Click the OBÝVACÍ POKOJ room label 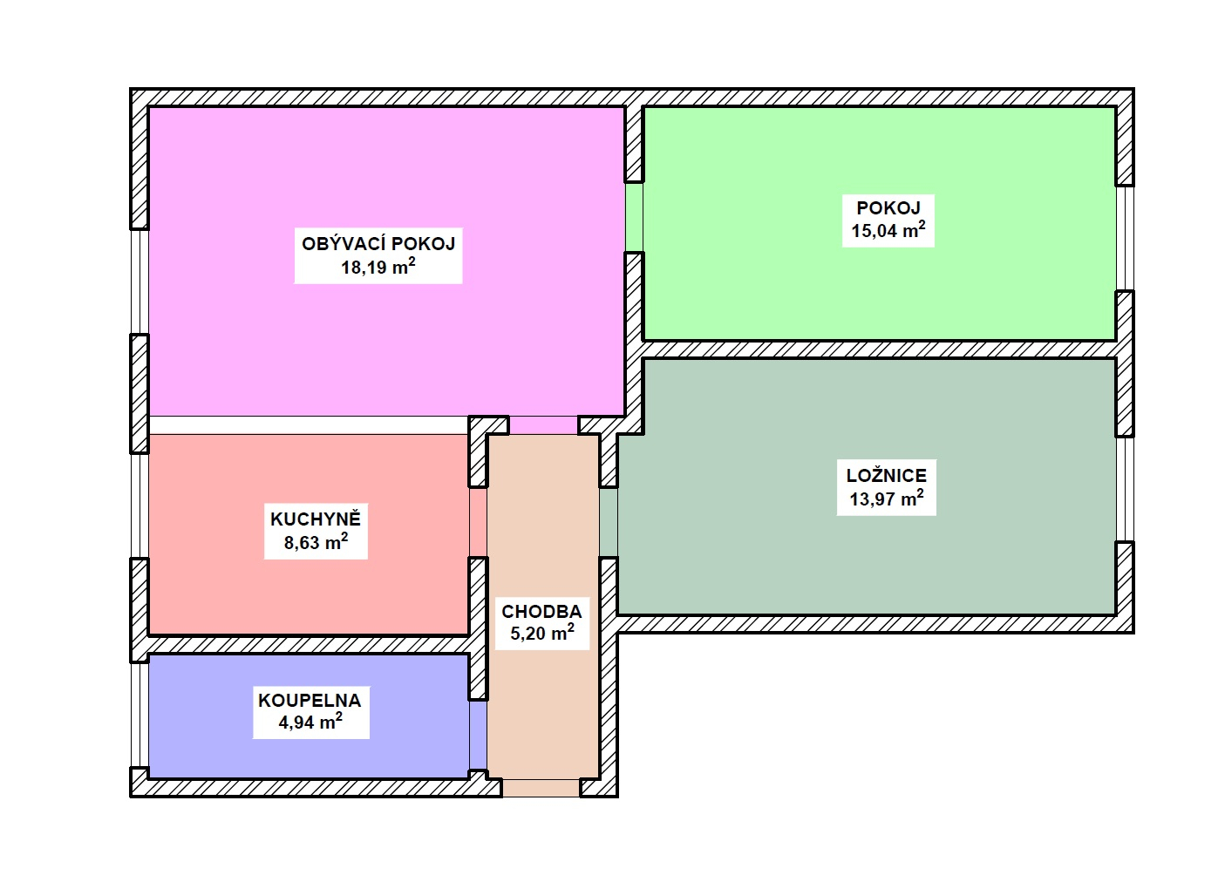(x=378, y=244)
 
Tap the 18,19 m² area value (x=378, y=267)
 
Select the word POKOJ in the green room (x=888, y=207)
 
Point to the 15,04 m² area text (x=888, y=230)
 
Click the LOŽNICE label (x=887, y=476)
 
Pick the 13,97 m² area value (x=887, y=499)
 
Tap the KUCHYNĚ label (x=316, y=519)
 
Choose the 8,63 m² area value (x=316, y=542)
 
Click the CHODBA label (x=541, y=611)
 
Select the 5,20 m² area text (x=542, y=634)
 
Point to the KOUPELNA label (x=310, y=701)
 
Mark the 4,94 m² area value (x=310, y=723)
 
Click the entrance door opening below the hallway (x=541, y=788)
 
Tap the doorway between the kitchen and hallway (x=478, y=522)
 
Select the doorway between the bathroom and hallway (x=478, y=736)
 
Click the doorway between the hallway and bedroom (x=609, y=522)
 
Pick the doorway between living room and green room (x=635, y=217)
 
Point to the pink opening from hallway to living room (x=543, y=425)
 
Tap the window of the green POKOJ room (x=1125, y=239)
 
